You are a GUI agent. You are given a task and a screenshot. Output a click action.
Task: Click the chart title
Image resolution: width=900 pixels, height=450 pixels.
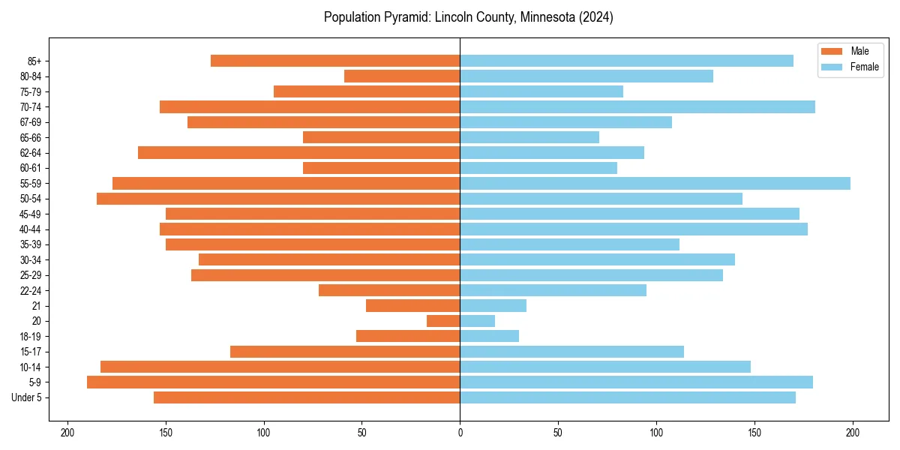point(468,17)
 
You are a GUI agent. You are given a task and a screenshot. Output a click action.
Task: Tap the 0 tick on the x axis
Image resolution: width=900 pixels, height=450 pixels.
point(460,433)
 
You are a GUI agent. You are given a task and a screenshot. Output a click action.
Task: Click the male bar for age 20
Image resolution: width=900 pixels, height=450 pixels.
point(443,321)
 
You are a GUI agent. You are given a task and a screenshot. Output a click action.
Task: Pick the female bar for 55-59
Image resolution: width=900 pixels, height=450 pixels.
point(655,183)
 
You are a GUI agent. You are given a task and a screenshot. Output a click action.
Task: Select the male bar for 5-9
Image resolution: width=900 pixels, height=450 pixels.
point(274,382)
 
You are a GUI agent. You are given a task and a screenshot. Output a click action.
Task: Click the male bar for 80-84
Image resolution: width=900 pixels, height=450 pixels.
point(402,76)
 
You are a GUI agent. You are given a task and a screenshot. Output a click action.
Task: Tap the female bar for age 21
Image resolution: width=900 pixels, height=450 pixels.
point(493,306)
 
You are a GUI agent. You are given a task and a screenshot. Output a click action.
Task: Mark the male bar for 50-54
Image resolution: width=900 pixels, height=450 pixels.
point(278,199)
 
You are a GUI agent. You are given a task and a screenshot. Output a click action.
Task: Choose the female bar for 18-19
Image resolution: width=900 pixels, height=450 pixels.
point(489,336)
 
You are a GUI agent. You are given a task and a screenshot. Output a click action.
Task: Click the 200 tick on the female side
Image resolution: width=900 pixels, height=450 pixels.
point(853,433)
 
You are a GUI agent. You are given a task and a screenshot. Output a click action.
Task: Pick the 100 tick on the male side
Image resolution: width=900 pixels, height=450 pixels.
point(264,433)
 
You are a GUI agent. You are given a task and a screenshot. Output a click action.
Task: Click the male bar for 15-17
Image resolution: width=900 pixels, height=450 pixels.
point(345,352)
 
